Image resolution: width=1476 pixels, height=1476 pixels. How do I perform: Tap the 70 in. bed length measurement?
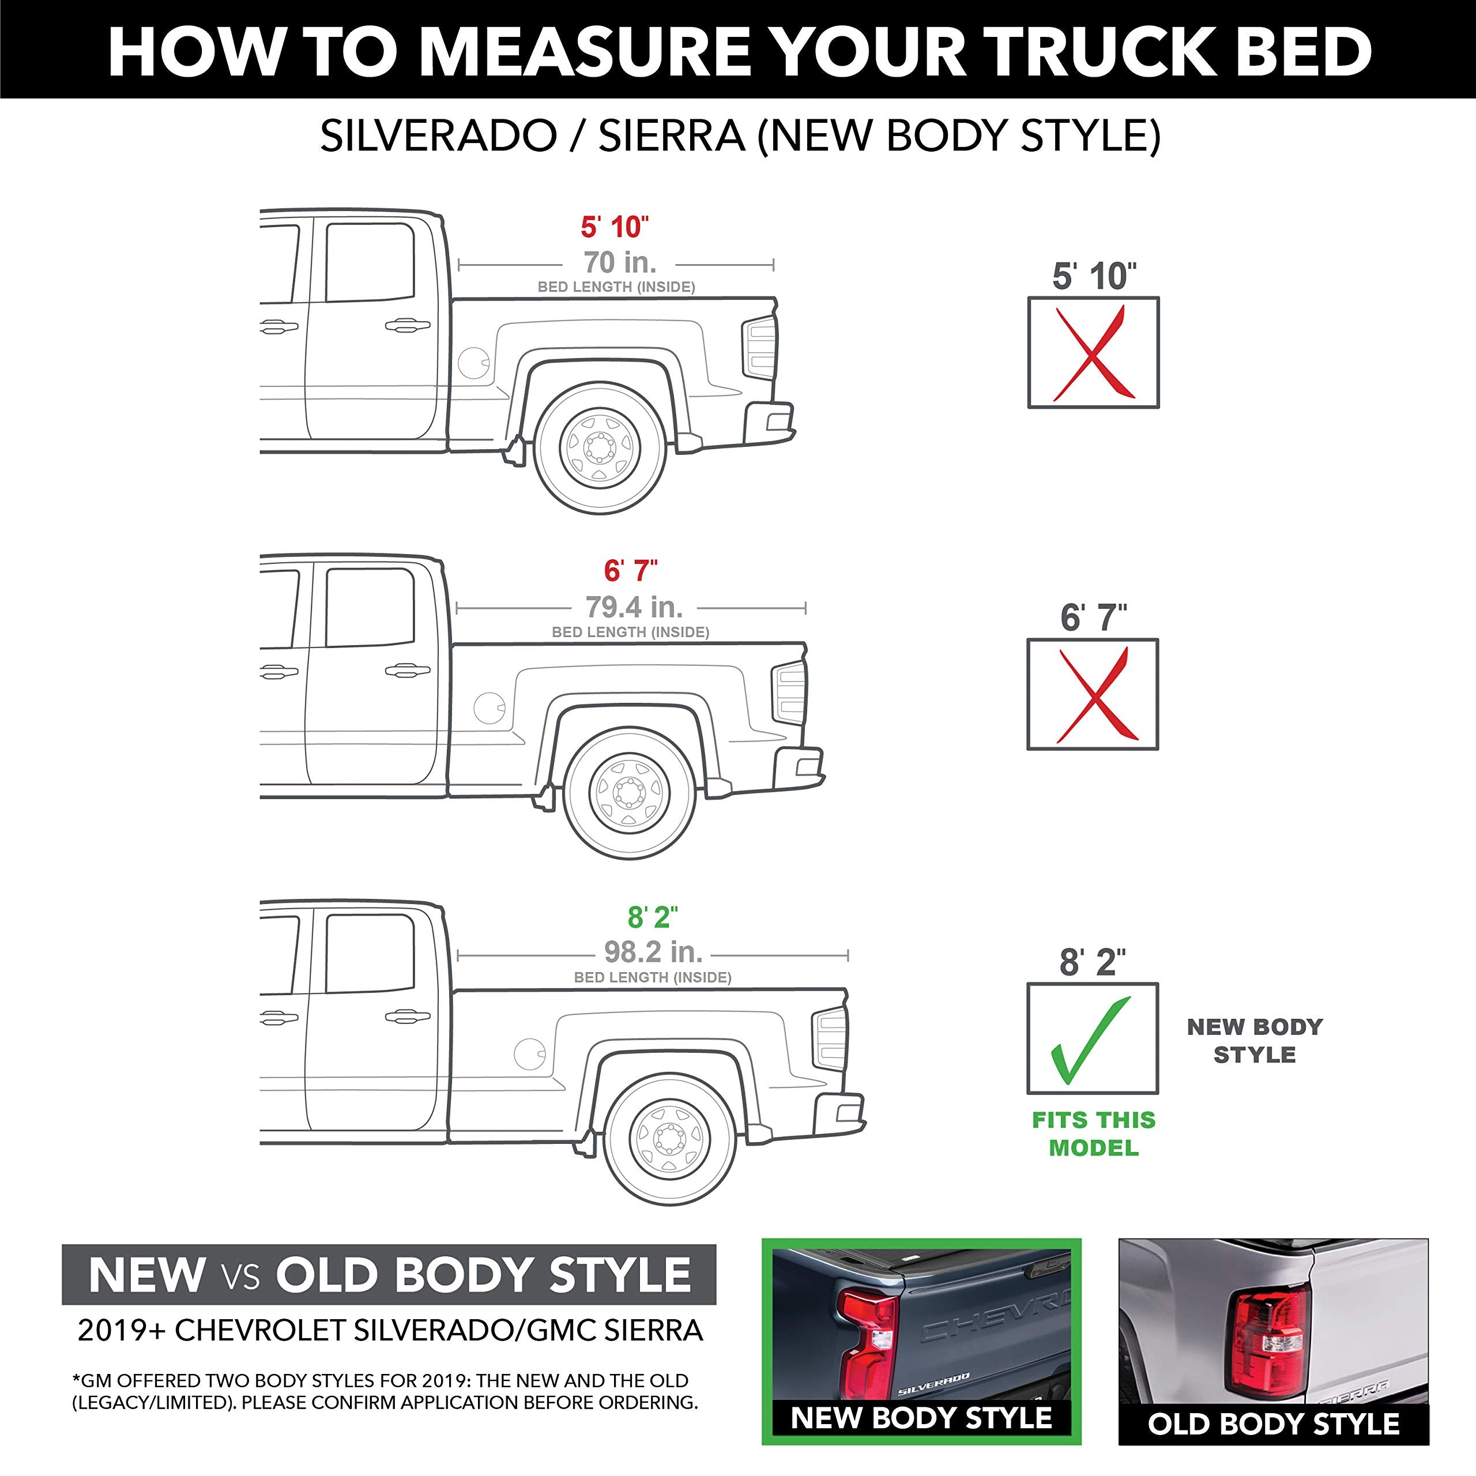point(620,263)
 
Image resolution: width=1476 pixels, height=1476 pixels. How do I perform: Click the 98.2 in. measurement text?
point(653,952)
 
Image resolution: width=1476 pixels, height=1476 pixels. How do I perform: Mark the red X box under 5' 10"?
point(1093,353)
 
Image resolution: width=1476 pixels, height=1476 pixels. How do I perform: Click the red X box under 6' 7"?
point(1093,694)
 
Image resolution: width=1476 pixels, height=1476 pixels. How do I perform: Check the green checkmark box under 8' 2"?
point(1093,1038)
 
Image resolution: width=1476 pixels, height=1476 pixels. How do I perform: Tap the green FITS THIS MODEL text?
point(1093,1134)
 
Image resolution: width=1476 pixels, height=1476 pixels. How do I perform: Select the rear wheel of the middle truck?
point(630,793)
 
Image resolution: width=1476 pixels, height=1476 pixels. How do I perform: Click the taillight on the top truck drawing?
point(759,348)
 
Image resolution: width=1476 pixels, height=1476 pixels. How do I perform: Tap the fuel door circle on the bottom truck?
point(529,1053)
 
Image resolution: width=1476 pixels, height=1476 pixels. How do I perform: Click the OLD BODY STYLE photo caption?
point(1274,1424)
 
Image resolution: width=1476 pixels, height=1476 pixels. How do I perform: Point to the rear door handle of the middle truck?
point(407,671)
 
